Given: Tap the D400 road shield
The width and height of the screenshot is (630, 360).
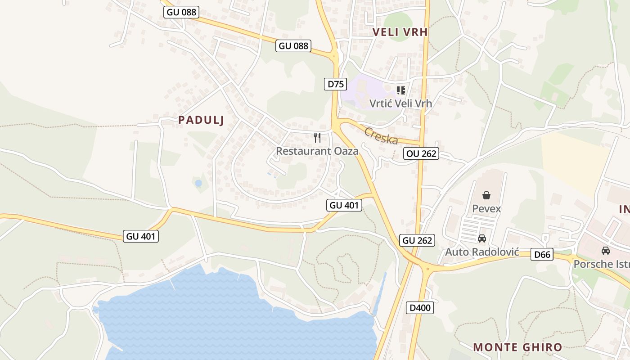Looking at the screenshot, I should (420, 308).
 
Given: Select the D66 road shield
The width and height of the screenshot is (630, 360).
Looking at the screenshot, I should (542, 255).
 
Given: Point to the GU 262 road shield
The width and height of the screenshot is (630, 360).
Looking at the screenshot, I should (417, 240).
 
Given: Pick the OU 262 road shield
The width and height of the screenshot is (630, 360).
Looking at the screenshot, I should (421, 153).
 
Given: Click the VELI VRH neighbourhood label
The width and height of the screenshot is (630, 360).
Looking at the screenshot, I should (400, 32).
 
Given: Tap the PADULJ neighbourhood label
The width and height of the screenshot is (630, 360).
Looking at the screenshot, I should (201, 120).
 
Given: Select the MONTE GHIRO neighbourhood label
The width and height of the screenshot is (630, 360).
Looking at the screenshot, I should (517, 347).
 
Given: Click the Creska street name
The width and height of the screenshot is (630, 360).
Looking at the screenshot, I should (381, 136).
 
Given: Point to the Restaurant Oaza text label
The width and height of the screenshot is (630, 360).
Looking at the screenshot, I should (317, 151).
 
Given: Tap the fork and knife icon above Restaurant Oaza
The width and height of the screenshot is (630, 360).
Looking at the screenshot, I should (318, 138).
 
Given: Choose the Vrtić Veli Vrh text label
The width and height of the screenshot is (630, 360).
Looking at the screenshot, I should (400, 103).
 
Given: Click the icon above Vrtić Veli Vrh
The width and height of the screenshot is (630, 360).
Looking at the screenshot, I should (401, 90).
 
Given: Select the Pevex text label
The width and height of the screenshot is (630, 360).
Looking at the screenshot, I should (486, 208).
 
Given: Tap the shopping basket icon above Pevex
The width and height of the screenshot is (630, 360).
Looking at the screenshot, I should (486, 195).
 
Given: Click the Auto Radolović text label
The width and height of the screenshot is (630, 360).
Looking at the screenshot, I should (482, 252).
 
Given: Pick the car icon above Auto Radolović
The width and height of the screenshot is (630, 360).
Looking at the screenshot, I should (482, 238).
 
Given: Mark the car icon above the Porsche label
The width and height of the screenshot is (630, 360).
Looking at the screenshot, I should (606, 251).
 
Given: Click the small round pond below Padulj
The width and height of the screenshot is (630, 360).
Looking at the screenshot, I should (198, 183).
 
